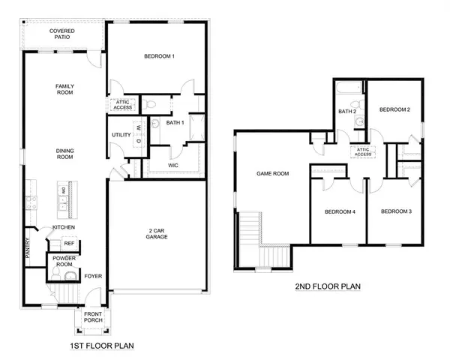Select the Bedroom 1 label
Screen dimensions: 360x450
pos(159,56)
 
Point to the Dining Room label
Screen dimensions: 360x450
pos(65,154)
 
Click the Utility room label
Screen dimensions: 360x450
pos(121,135)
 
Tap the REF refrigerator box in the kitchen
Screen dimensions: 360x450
pos(69,244)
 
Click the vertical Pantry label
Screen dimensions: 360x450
pos(26,248)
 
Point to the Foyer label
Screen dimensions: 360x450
pos(93,276)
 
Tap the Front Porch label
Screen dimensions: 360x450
pos(93,317)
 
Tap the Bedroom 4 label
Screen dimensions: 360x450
pos(339,211)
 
